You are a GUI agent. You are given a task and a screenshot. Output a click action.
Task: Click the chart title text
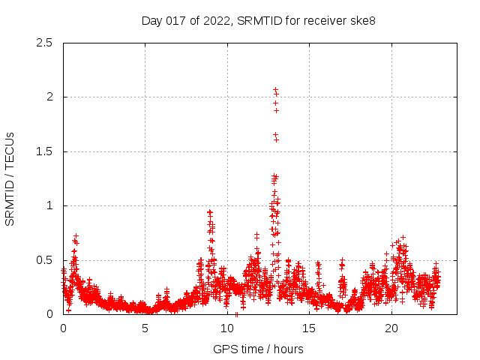click(x=258, y=20)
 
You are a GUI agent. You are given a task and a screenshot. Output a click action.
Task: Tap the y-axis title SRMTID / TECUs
click(x=10, y=178)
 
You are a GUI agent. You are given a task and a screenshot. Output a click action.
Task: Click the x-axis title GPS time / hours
click(x=258, y=349)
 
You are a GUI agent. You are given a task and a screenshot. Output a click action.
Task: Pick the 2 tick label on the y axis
click(x=49, y=97)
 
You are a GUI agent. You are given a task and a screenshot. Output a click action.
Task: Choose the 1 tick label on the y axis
click(x=49, y=205)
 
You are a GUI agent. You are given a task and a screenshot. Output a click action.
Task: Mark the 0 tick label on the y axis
click(x=49, y=314)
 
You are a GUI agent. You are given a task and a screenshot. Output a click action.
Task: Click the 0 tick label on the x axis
click(x=63, y=328)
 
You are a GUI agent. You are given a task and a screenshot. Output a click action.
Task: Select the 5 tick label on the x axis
click(x=145, y=328)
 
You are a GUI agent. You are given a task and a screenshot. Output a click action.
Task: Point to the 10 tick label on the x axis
click(x=227, y=328)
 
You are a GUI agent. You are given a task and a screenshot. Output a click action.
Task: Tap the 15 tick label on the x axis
click(x=309, y=328)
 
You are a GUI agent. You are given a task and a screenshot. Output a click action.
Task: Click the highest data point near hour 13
click(x=275, y=89)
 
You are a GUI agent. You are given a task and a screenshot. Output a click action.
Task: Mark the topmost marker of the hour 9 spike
click(x=209, y=212)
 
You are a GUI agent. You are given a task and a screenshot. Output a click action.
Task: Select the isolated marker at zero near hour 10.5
click(x=236, y=314)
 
